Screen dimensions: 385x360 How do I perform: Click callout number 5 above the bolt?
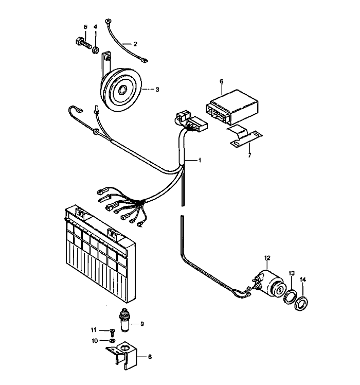click(85, 27)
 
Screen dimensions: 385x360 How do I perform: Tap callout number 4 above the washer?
click(95, 27)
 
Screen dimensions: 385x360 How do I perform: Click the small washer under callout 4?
click(95, 50)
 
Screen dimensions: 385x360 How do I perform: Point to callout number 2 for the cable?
click(135, 44)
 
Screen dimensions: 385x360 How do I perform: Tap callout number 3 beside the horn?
click(157, 89)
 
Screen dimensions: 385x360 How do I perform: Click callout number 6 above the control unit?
click(221, 81)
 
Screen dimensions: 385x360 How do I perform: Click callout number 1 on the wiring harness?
click(200, 161)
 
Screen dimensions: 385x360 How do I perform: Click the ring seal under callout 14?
click(301, 302)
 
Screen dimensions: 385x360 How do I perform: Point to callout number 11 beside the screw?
click(94, 329)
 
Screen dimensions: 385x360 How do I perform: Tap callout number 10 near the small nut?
click(94, 340)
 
